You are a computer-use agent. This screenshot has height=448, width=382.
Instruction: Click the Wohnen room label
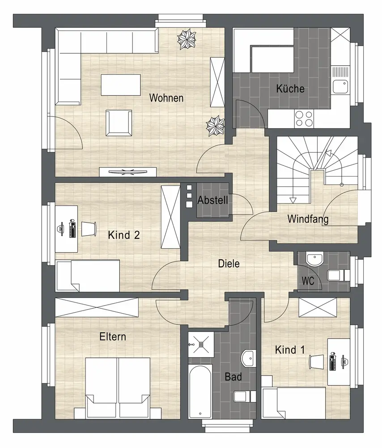[x=166, y=98]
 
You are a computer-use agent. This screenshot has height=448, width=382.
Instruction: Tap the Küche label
[x=290, y=89]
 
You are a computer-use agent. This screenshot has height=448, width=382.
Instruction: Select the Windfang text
[x=308, y=219]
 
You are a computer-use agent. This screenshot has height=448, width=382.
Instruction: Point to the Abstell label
[x=212, y=200]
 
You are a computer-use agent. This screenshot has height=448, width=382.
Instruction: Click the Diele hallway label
[x=229, y=263]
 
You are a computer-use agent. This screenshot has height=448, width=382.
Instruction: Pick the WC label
[x=308, y=281]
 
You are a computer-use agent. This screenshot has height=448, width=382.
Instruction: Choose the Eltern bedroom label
[x=113, y=336]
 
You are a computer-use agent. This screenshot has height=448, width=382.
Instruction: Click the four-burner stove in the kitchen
[x=304, y=119]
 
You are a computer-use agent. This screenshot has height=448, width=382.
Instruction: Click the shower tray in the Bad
[x=200, y=344]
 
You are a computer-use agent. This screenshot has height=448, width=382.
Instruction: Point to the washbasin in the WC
[x=314, y=259]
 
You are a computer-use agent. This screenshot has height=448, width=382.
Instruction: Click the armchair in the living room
[x=119, y=123]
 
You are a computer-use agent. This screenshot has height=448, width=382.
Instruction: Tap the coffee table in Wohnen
[x=121, y=85]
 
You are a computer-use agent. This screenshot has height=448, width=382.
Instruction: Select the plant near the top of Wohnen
[x=187, y=39]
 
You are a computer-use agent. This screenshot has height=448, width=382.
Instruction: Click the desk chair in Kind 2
[x=89, y=229]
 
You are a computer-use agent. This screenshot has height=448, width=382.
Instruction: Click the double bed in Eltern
[x=118, y=388]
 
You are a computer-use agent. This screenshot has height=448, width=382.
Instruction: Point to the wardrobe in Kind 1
[x=318, y=307]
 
